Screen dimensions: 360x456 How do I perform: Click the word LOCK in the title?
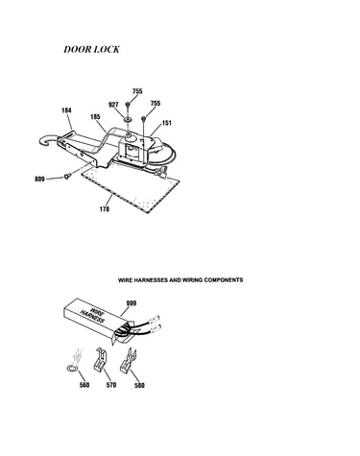click(x=108, y=49)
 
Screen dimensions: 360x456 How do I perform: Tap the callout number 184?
click(x=66, y=110)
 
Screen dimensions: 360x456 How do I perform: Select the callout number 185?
click(x=95, y=117)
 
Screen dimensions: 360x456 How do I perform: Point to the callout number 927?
click(x=113, y=105)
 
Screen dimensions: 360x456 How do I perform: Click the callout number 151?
click(x=167, y=123)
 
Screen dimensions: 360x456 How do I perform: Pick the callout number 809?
click(x=39, y=179)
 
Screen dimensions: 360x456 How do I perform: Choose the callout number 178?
click(x=105, y=209)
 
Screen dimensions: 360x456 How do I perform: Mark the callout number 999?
click(x=132, y=303)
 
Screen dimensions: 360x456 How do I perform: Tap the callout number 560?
click(x=84, y=385)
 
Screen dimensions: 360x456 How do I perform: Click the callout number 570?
click(x=111, y=385)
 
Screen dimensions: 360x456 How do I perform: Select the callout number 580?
click(x=139, y=385)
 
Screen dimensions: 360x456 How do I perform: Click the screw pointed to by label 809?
click(x=67, y=176)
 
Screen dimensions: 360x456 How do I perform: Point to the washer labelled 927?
click(x=128, y=120)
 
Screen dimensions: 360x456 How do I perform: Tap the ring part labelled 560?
click(x=71, y=369)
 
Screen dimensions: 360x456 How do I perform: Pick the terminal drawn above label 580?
click(x=128, y=361)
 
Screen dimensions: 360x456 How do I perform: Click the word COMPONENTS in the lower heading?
click(x=224, y=280)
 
